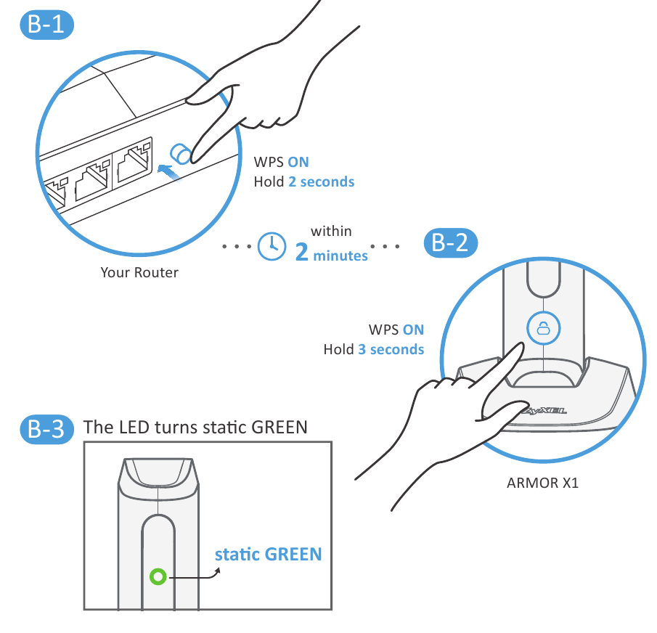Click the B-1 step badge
coord(47,25)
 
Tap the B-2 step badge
coord(450,243)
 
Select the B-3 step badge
coord(47,429)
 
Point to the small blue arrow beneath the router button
coord(168,172)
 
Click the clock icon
coord(272,246)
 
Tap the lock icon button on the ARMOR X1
coord(544,328)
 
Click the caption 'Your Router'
coord(139,273)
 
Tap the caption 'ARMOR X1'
coord(542,483)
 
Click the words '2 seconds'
coord(322,181)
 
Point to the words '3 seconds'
coord(391,349)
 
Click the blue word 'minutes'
coord(340,256)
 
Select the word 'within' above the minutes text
coord(331,232)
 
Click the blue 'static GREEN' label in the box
coord(268,555)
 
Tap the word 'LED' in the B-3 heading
coord(134,428)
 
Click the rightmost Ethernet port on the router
coord(134,160)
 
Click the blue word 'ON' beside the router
coord(298,162)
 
